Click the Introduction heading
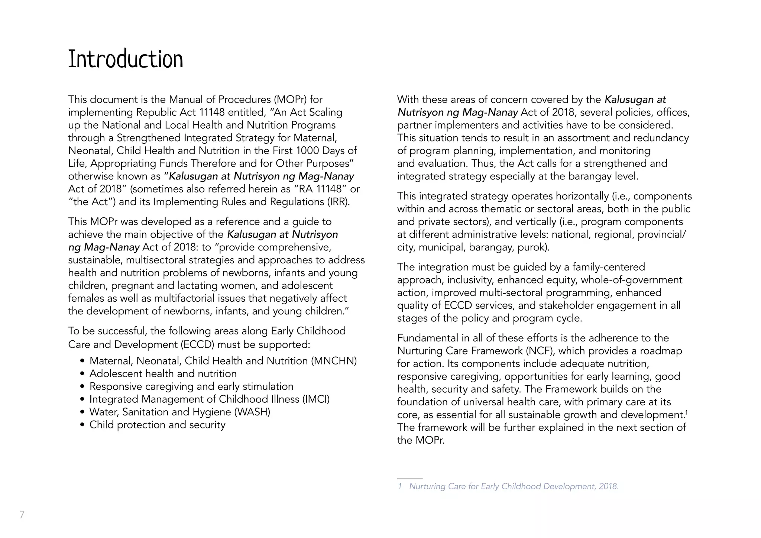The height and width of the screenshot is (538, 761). [126, 59]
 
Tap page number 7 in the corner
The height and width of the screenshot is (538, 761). [22, 515]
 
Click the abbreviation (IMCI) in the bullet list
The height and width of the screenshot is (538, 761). [316, 399]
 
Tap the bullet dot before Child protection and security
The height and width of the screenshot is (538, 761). [82, 425]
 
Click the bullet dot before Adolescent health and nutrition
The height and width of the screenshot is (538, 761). [82, 374]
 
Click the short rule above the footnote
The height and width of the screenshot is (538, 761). [409, 479]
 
